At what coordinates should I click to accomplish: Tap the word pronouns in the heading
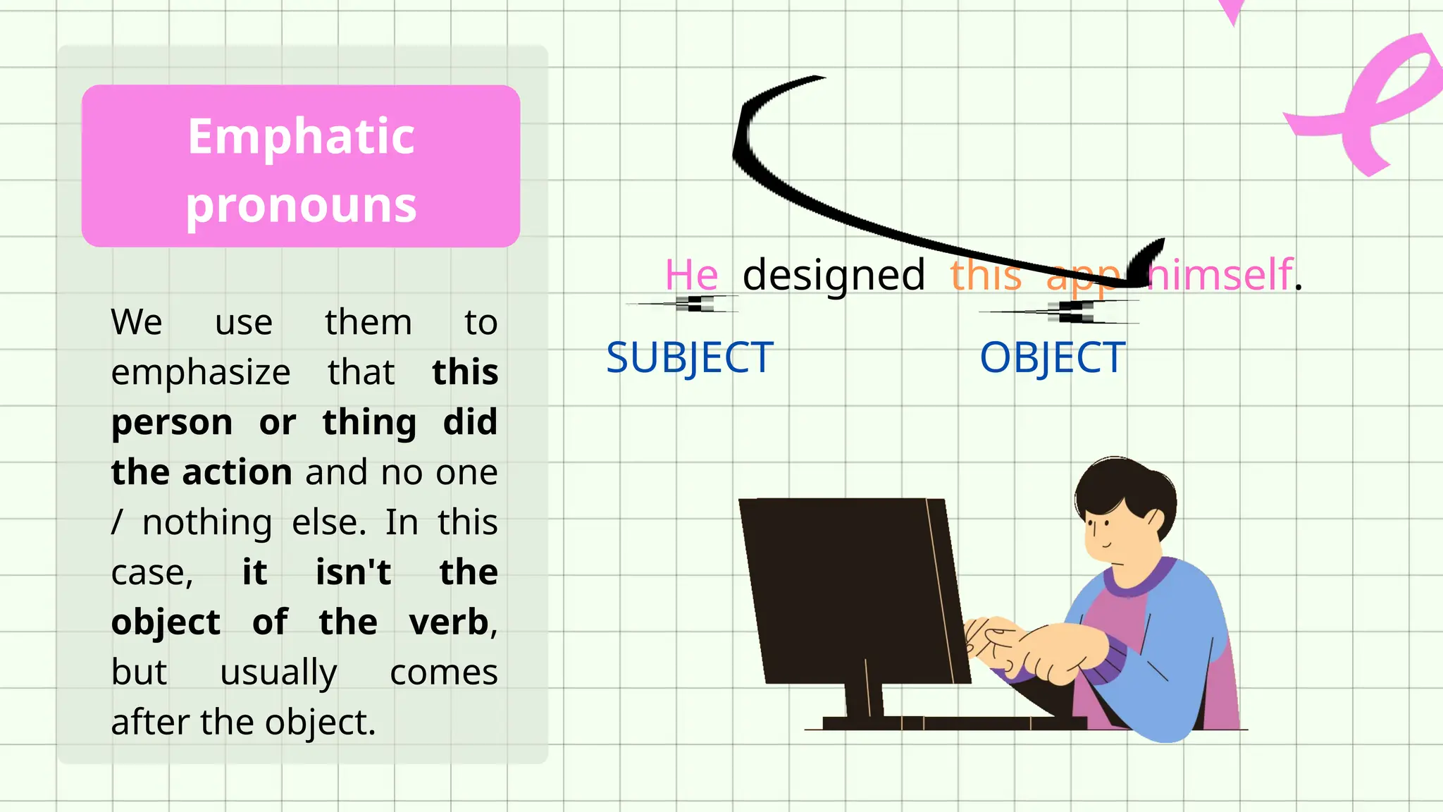(x=301, y=206)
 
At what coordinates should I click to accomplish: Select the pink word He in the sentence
(x=691, y=274)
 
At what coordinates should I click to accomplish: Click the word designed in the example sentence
(x=834, y=274)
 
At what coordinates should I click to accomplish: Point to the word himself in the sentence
(x=1222, y=274)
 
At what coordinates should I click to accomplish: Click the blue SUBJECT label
(x=690, y=357)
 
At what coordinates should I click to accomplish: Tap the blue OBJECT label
(x=1053, y=357)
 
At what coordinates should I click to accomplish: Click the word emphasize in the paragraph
(x=201, y=372)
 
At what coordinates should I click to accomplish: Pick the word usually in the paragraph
(x=278, y=672)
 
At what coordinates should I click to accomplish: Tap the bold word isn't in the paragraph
(x=353, y=572)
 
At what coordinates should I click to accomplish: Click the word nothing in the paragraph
(x=207, y=522)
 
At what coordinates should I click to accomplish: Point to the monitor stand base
(x=951, y=723)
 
